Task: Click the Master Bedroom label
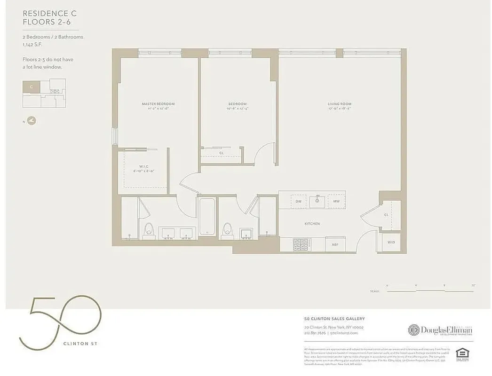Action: click(158, 104)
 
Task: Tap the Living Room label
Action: click(339, 104)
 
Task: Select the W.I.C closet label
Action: click(143, 166)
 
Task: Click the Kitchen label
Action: click(312, 224)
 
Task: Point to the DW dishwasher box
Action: click(298, 202)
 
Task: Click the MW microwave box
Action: click(336, 202)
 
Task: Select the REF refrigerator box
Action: click(335, 244)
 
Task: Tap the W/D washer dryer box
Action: click(391, 243)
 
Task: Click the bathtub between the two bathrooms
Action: click(207, 217)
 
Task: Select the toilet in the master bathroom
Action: click(149, 230)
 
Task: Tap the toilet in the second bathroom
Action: click(228, 230)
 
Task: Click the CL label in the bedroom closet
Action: click(221, 153)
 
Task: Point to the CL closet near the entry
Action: click(386, 214)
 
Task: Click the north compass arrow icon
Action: click(31, 121)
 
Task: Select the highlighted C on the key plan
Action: click(31, 86)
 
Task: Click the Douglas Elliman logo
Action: click(440, 330)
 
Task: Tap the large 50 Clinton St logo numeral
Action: click(60, 320)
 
